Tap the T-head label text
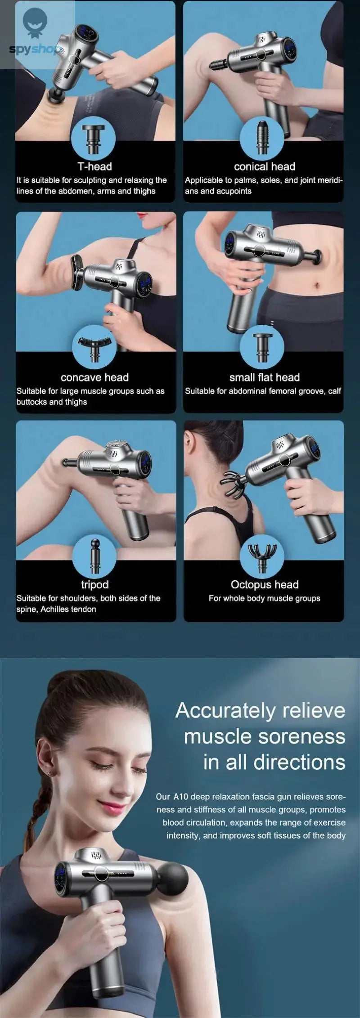[x=94, y=166]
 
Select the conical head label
[x=264, y=166]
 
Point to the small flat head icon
[x=261, y=347]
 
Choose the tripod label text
[x=94, y=584]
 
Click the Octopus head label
[x=264, y=584]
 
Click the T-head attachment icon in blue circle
[x=94, y=138]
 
